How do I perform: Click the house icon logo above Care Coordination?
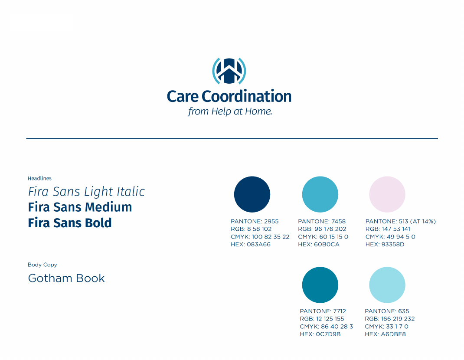click(x=229, y=71)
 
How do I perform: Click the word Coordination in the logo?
click(x=246, y=96)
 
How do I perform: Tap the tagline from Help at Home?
click(x=230, y=111)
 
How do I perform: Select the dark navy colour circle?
click(x=252, y=194)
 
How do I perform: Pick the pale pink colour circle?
click(x=387, y=194)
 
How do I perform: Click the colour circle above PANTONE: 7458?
click(x=320, y=194)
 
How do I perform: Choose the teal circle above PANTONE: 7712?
click(x=320, y=285)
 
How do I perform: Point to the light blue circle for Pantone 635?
click(x=387, y=285)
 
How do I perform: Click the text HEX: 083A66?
click(x=251, y=244)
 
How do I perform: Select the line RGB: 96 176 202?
click(x=322, y=229)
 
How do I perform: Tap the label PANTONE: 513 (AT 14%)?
click(x=401, y=221)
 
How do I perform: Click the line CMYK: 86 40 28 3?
click(x=327, y=326)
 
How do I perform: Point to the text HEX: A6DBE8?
click(x=385, y=334)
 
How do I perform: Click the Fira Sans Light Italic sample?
click(x=86, y=192)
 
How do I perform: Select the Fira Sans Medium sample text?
click(x=80, y=207)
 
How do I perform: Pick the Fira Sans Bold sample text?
click(x=70, y=223)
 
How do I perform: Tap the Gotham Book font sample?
click(x=66, y=278)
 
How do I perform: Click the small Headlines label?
click(x=39, y=178)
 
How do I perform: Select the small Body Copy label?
click(x=42, y=265)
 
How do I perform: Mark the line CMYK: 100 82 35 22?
click(x=260, y=236)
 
